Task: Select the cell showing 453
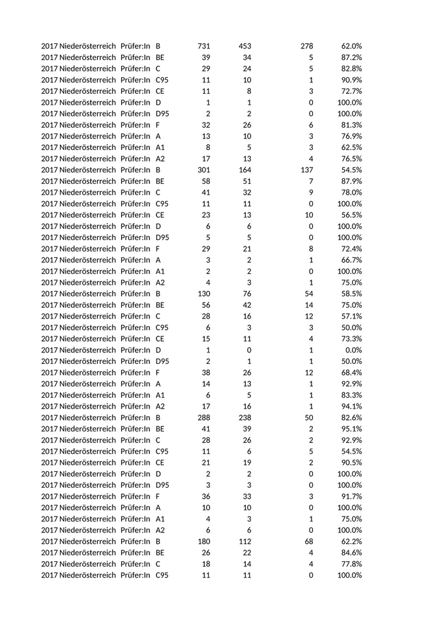pos(245,46)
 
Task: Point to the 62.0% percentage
pos(351,46)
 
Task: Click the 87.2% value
pos(351,57)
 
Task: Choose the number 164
pos(245,170)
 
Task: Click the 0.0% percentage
pos(354,350)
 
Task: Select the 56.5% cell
pos(351,215)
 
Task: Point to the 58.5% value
pos(351,294)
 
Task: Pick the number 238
pos(245,418)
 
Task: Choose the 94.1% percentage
pos(351,406)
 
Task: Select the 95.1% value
pos(351,429)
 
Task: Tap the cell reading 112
pos(245,541)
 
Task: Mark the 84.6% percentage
pos(351,553)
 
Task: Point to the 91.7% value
pos(351,496)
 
